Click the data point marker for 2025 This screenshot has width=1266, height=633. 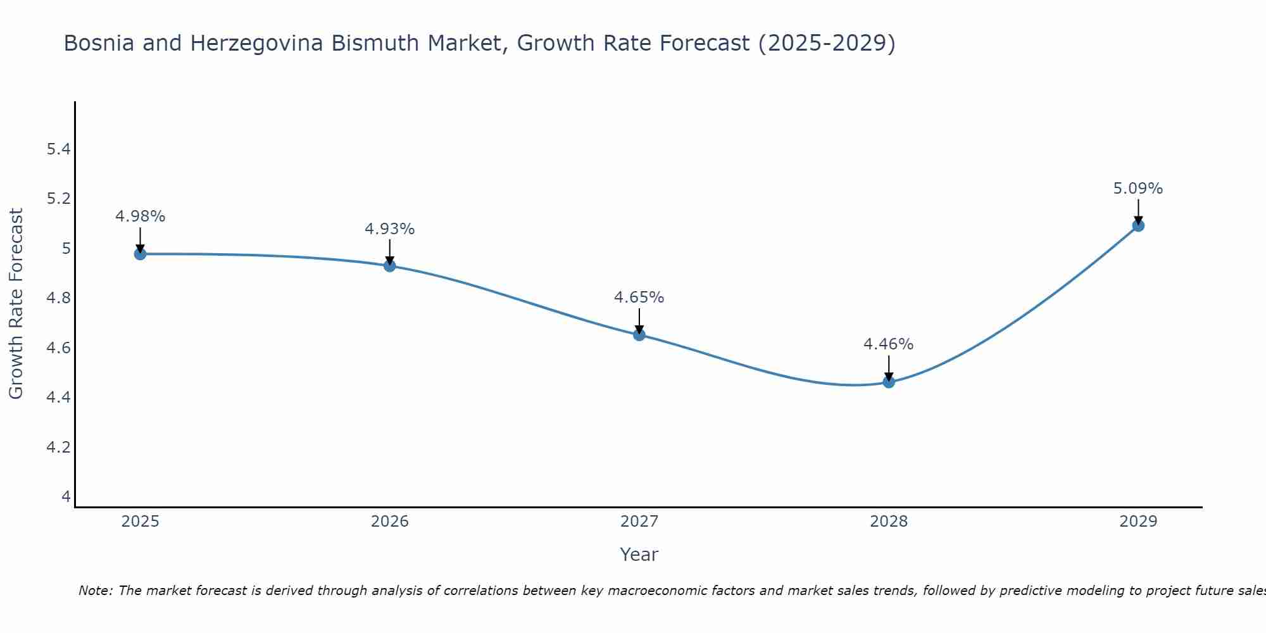tap(140, 254)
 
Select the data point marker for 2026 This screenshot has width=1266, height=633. tap(389, 266)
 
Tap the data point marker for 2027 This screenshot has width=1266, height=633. tap(639, 335)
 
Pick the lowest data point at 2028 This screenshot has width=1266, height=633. tap(888, 382)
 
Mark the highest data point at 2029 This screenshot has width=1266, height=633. tap(1138, 225)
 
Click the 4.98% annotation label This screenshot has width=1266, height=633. tap(140, 216)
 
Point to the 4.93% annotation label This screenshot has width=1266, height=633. tap(389, 229)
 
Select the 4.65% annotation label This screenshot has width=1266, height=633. tap(639, 298)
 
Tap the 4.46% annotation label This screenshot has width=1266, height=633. tap(888, 344)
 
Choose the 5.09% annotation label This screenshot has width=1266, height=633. tap(1138, 189)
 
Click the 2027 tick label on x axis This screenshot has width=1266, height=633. tap(639, 522)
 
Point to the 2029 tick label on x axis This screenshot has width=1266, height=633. tap(1138, 522)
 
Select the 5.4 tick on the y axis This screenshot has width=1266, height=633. tap(58, 149)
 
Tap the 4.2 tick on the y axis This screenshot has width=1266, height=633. tap(58, 448)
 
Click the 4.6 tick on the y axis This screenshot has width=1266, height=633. tap(58, 348)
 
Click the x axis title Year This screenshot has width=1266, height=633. tap(639, 555)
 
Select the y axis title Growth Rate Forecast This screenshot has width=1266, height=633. tap(16, 304)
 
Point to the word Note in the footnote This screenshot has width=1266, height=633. tap(95, 591)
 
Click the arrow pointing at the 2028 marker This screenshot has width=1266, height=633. tap(888, 368)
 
